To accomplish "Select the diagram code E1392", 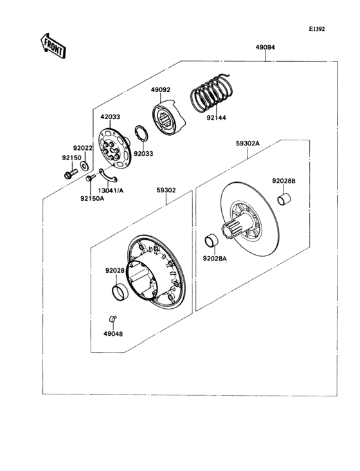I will pyautogui.click(x=317, y=29).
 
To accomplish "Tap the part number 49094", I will pyautogui.click(x=265, y=48).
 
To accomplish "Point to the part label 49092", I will pyautogui.click(x=160, y=90).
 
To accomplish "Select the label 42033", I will pyautogui.click(x=110, y=117).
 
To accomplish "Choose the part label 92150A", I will pyautogui.click(x=92, y=198).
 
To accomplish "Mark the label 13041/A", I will pyautogui.click(x=111, y=190).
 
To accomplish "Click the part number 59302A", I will pyautogui.click(x=247, y=145).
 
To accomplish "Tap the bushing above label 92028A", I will pyautogui.click(x=211, y=242).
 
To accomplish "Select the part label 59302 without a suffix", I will pyautogui.click(x=165, y=190).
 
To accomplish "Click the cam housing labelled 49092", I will pyautogui.click(x=168, y=119).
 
